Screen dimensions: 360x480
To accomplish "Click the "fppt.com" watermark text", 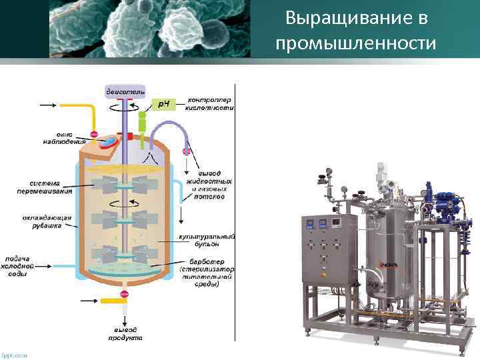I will coord(15,355).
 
